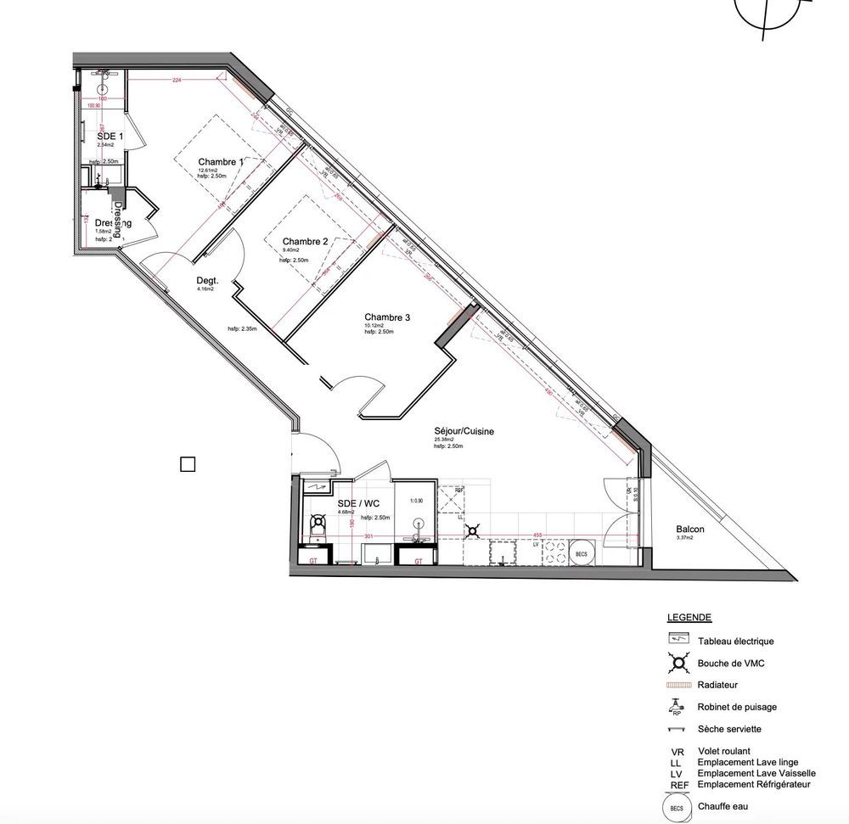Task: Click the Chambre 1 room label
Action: (221, 162)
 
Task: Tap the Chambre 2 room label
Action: (305, 241)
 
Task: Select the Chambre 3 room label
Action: (387, 317)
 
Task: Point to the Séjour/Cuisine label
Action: (464, 431)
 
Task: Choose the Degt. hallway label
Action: (207, 280)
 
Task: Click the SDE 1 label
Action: (110, 136)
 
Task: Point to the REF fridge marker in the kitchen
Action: (459, 490)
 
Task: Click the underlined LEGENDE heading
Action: (689, 618)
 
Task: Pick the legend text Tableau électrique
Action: (735, 642)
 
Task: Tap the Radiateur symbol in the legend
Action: (677, 684)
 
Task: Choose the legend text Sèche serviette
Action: (729, 729)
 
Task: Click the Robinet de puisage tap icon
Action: (677, 706)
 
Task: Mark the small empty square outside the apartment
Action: (188, 463)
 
